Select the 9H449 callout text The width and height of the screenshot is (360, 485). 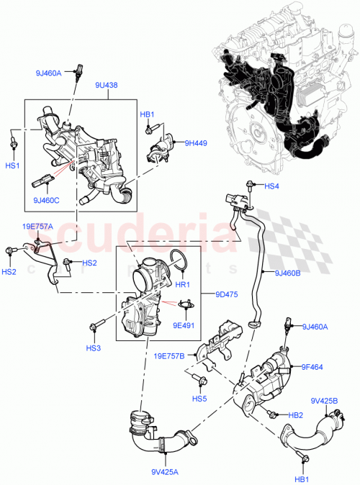[195, 142]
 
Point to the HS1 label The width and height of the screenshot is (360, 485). [13, 166]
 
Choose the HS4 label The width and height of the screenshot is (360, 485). [271, 187]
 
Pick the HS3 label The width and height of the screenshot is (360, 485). [93, 348]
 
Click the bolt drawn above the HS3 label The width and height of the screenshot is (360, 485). [94, 328]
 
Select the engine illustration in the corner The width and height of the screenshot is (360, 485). [281, 94]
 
